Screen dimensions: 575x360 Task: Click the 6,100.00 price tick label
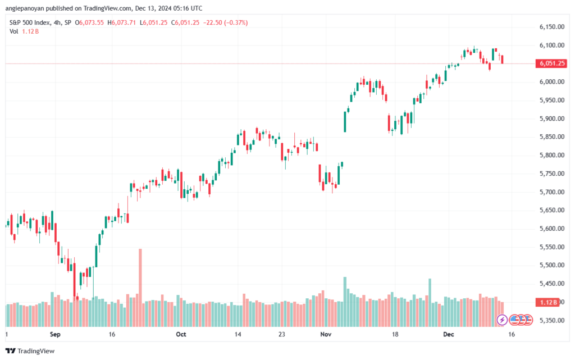click(552, 45)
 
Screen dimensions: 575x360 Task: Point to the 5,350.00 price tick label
click(552, 321)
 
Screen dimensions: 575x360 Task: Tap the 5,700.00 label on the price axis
click(552, 192)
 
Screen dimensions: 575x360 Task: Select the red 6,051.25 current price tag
click(551, 63)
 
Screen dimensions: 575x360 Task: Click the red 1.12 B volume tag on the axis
click(547, 303)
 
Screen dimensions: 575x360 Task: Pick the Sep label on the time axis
click(55, 334)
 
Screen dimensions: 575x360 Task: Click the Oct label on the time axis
click(181, 334)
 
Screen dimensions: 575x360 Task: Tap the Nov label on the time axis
click(326, 334)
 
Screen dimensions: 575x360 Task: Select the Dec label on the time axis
click(449, 334)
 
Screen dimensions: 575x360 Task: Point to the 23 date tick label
click(282, 334)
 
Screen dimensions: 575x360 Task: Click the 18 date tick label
click(395, 334)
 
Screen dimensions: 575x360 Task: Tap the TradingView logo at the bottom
click(30, 351)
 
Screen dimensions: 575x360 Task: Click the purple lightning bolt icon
click(502, 320)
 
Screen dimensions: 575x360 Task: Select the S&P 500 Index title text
click(30, 22)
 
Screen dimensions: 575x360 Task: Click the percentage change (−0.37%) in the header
click(236, 22)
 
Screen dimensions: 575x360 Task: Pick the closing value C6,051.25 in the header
click(185, 22)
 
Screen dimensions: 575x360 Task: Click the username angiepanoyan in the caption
click(25, 8)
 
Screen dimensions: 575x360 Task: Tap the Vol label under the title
click(13, 31)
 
